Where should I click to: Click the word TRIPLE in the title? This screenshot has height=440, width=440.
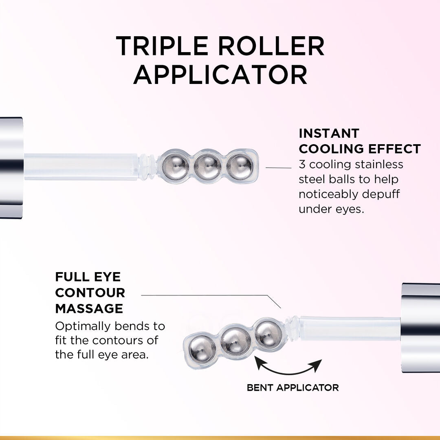click(163, 46)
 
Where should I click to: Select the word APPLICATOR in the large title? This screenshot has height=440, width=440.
click(220, 74)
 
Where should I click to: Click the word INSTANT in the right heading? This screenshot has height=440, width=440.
click(329, 133)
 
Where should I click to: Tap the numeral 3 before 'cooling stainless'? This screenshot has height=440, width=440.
click(302, 165)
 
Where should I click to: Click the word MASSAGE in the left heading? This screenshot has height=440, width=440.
click(89, 308)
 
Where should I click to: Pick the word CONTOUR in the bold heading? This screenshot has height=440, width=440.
click(90, 293)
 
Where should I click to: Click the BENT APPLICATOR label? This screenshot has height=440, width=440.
click(293, 387)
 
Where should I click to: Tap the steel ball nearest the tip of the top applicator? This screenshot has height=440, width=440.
click(240, 166)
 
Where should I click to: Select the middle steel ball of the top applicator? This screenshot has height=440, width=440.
click(208, 167)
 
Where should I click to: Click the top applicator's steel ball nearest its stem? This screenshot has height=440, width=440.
click(175, 167)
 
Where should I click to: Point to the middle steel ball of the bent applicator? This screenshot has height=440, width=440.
click(235, 341)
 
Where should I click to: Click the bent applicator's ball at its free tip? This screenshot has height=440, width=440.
click(202, 349)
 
